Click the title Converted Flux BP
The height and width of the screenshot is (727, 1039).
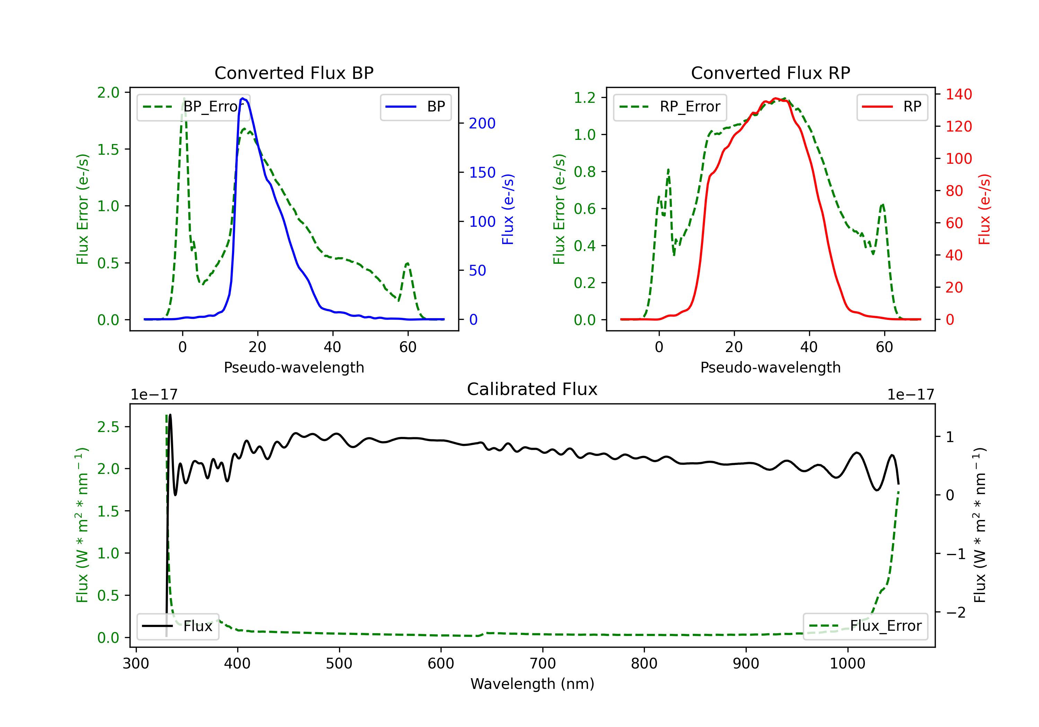294,73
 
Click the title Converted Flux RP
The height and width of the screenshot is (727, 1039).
770,73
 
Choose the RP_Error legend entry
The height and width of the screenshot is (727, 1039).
670,107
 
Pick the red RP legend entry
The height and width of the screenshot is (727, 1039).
892,107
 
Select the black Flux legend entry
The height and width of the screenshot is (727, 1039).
178,626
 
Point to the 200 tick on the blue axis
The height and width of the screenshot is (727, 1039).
482,123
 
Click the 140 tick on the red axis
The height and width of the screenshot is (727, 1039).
958,94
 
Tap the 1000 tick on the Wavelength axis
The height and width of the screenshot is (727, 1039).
847,663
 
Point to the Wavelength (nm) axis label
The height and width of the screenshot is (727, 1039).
532,684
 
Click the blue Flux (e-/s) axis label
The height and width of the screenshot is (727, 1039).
508,209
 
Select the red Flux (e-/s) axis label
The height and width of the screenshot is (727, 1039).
984,209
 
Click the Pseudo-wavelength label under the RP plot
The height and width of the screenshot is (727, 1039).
770,367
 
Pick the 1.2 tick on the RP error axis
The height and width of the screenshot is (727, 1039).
584,98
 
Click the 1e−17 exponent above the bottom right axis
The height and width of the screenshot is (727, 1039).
911,395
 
